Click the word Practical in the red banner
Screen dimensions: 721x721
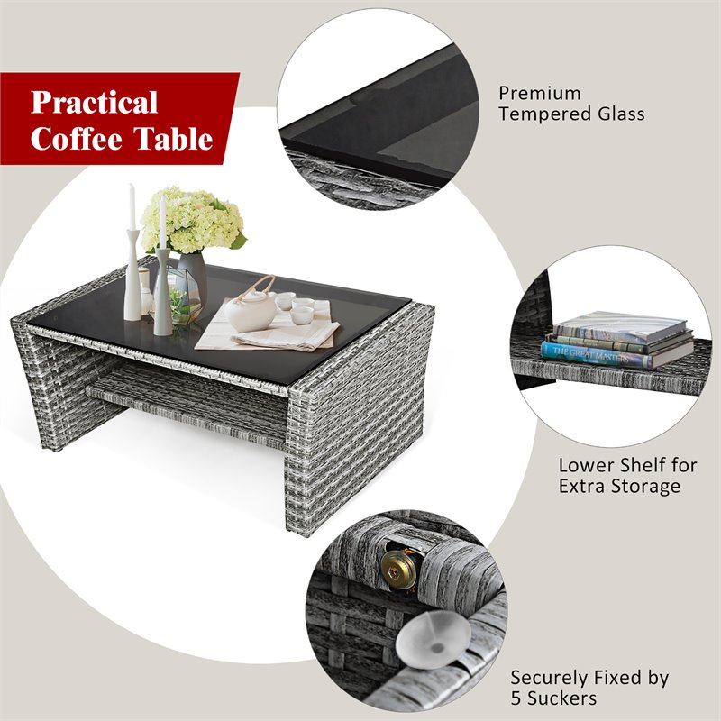(x=95, y=102)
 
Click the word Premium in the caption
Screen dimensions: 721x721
(x=540, y=94)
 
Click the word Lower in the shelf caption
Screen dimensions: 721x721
(x=584, y=466)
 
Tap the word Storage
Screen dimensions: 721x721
(x=646, y=487)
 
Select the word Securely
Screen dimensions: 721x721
(x=551, y=678)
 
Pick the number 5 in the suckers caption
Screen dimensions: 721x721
(x=516, y=698)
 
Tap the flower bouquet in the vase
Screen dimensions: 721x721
(x=192, y=219)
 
